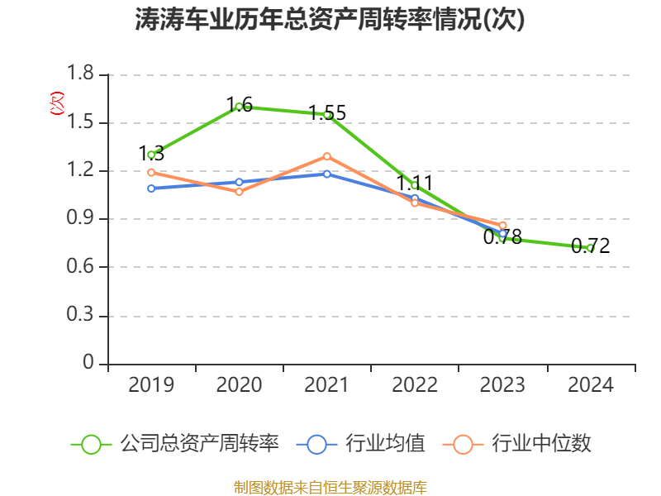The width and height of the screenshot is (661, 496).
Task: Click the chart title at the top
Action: [330, 20]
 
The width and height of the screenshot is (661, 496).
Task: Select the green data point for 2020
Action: [239, 106]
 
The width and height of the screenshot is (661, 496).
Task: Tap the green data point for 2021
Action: [327, 114]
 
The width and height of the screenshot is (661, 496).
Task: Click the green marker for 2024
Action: [590, 248]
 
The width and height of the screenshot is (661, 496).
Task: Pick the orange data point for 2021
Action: [327, 156]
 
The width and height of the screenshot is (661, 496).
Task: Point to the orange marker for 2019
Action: [151, 172]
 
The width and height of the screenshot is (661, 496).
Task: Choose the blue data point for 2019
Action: [151, 188]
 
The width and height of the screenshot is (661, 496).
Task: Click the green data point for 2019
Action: [151, 155]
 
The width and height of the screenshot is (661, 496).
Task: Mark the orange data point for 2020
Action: [239, 192]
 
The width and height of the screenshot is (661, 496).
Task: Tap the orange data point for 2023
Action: [502, 226]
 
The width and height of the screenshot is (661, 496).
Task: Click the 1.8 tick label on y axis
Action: [82, 75]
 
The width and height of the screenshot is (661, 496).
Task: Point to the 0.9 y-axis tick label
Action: [82, 219]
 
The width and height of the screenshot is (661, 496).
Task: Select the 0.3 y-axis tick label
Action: [82, 317]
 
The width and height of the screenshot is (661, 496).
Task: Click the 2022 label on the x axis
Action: [415, 385]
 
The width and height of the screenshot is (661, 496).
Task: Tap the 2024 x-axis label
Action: [591, 385]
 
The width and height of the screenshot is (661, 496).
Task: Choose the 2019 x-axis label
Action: [151, 385]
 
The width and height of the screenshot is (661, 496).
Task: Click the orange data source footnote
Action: [330, 487]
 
